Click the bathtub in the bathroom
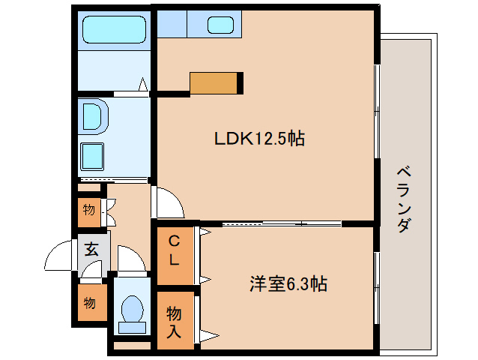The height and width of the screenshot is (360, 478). [x=114, y=31]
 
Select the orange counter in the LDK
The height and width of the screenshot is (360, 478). [x=217, y=82]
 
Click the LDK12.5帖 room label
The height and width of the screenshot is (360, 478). [x=259, y=139]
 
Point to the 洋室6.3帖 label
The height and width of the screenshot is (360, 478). [x=288, y=284]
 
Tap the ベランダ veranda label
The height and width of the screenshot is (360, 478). [x=404, y=198]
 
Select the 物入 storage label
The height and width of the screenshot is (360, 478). [x=173, y=320]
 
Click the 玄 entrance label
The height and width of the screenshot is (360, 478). [x=91, y=249]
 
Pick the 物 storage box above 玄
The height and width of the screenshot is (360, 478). [x=89, y=210]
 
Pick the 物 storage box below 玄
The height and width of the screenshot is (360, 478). [x=89, y=303]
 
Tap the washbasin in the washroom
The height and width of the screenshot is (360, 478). [x=94, y=117]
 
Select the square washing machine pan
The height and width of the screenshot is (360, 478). [x=94, y=157]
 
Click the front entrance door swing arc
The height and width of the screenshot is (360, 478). [x=59, y=259]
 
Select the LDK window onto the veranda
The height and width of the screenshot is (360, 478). [x=375, y=112]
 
